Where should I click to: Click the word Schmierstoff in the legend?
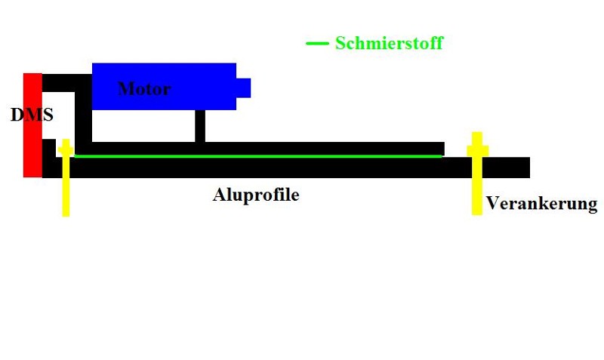389,43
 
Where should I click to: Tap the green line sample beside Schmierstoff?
316,43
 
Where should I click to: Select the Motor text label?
144,89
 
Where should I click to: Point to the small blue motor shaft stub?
243,88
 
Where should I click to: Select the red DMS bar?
32,151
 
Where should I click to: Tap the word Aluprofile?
256,195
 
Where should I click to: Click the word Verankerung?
541,203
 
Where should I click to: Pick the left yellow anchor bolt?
66,181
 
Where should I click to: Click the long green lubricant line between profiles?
257,156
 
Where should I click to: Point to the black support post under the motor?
199,125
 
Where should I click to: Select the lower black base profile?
302,168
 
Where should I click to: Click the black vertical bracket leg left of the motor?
84,113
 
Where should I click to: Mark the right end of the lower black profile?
524,168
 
